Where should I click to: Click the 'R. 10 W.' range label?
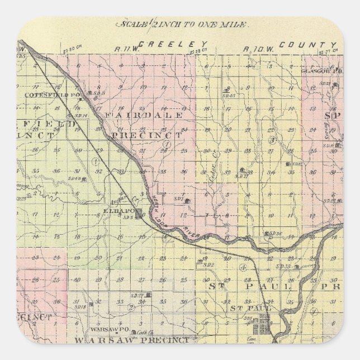(x=254, y=48)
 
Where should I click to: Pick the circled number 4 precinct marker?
(x=242, y=268)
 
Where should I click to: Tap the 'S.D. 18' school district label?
(x=80, y=307)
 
